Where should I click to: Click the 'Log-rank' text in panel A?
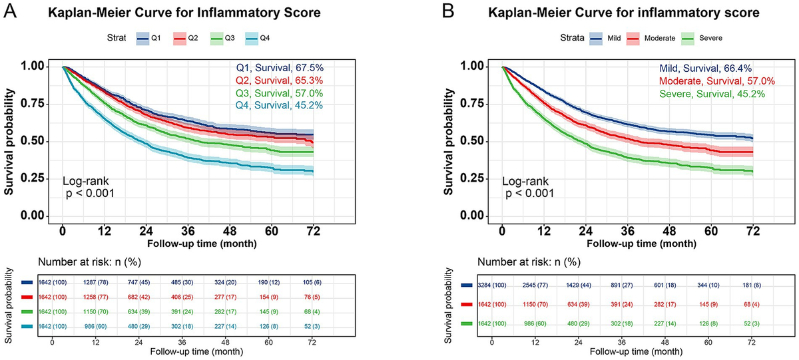tap(84, 181)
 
